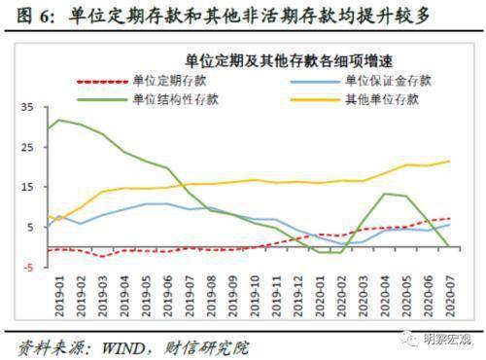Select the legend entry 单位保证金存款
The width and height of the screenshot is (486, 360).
(378, 78)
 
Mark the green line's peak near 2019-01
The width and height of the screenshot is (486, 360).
(59, 120)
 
